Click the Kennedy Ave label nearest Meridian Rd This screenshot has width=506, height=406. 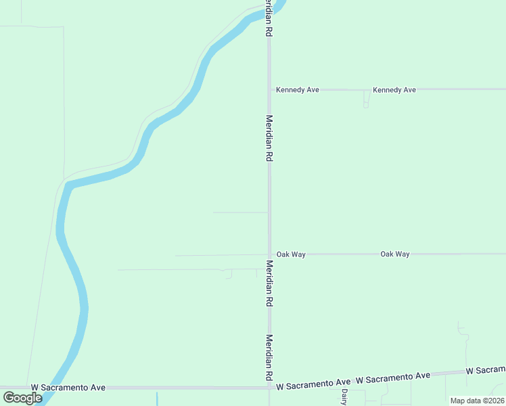[297, 89]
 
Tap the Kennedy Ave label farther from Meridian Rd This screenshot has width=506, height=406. [394, 89]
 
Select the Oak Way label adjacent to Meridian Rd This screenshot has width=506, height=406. [291, 254]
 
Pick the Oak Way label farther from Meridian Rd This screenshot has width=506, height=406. [395, 254]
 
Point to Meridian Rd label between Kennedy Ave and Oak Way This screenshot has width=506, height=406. [269, 137]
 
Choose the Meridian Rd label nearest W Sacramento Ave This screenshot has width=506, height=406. [269, 357]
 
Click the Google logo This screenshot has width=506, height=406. [23, 398]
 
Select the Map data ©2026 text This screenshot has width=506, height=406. [477, 401]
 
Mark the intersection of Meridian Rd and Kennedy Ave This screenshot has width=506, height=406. [269, 89]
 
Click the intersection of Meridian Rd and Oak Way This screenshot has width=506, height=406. [269, 254]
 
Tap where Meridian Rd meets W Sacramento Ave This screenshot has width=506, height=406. [269, 388]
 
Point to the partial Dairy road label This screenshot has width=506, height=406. [344, 396]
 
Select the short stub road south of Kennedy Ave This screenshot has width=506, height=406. [366, 99]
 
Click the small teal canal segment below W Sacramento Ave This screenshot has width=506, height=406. [157, 399]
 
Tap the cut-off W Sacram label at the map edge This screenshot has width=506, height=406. [486, 370]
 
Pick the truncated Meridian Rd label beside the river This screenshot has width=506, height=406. [269, 19]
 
